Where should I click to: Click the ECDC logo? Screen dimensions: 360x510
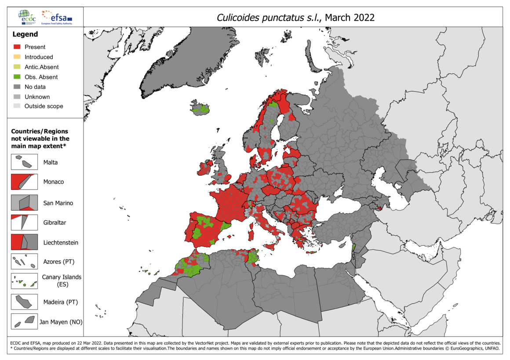coord(27,17)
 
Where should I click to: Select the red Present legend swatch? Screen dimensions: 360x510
coord(17,47)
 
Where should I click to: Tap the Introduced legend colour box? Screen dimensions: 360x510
coord(17,57)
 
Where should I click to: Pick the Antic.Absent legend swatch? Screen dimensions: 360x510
coord(17,67)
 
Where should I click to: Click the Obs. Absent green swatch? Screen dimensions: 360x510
coord(17,77)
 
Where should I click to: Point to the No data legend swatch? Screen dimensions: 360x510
coord(17,87)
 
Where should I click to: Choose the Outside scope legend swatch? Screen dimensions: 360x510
coord(17,106)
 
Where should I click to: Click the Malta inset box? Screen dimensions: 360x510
coord(24,162)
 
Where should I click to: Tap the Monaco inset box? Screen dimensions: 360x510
coord(24,182)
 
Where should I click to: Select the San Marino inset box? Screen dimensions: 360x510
coord(24,203)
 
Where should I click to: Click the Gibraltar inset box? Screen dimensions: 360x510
coord(24,222)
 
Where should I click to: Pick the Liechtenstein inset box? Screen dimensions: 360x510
coord(24,242)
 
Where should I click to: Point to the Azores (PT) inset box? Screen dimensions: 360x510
coord(24,262)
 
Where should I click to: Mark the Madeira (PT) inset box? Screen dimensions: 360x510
coord(24,302)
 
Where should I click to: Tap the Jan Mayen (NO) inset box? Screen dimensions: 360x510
coord(24,321)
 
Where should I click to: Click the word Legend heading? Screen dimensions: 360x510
coord(25,34)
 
